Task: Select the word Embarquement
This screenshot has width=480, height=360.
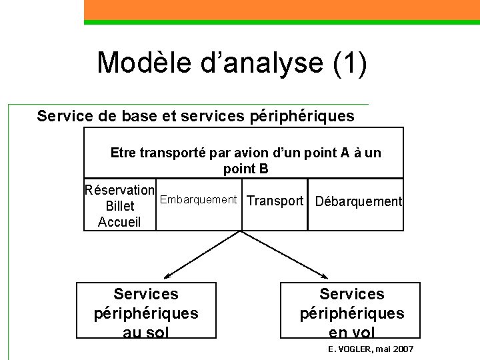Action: pos(198,199)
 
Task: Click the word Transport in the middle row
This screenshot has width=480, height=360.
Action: pos(275,201)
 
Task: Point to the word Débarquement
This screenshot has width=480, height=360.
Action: pos(358,201)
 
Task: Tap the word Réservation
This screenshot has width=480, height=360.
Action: pos(120,189)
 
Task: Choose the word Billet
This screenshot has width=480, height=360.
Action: pos(120,206)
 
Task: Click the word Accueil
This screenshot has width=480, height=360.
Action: pos(119,222)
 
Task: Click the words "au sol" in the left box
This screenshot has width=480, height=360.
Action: pos(146,332)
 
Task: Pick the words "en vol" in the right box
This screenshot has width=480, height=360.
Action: pos(351,332)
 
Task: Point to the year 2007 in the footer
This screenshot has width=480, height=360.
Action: pos(403,349)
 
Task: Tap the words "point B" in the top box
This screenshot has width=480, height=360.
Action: pos(245,169)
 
